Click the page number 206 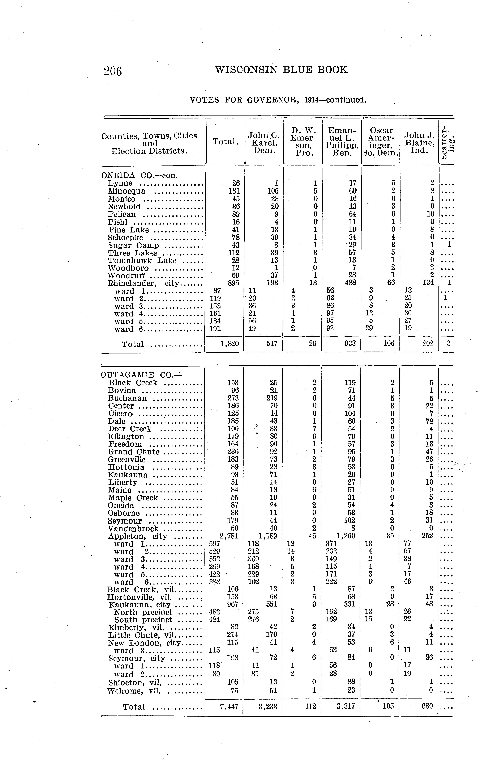(x=113, y=71)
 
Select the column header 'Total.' (x=225, y=142)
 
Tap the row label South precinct (x=143, y=620)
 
